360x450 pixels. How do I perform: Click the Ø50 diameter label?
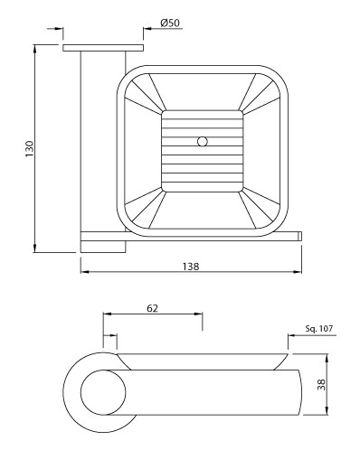170,23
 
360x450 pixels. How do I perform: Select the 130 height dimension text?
30,148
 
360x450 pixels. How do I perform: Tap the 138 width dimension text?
191,267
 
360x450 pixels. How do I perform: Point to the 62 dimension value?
152,308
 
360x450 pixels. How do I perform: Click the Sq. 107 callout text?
319,328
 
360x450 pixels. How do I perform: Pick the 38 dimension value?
322,385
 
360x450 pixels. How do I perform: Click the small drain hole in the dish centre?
203,141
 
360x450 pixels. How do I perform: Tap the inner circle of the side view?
103,392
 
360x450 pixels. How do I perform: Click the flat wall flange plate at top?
103,48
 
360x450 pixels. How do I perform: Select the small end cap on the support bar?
300,236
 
